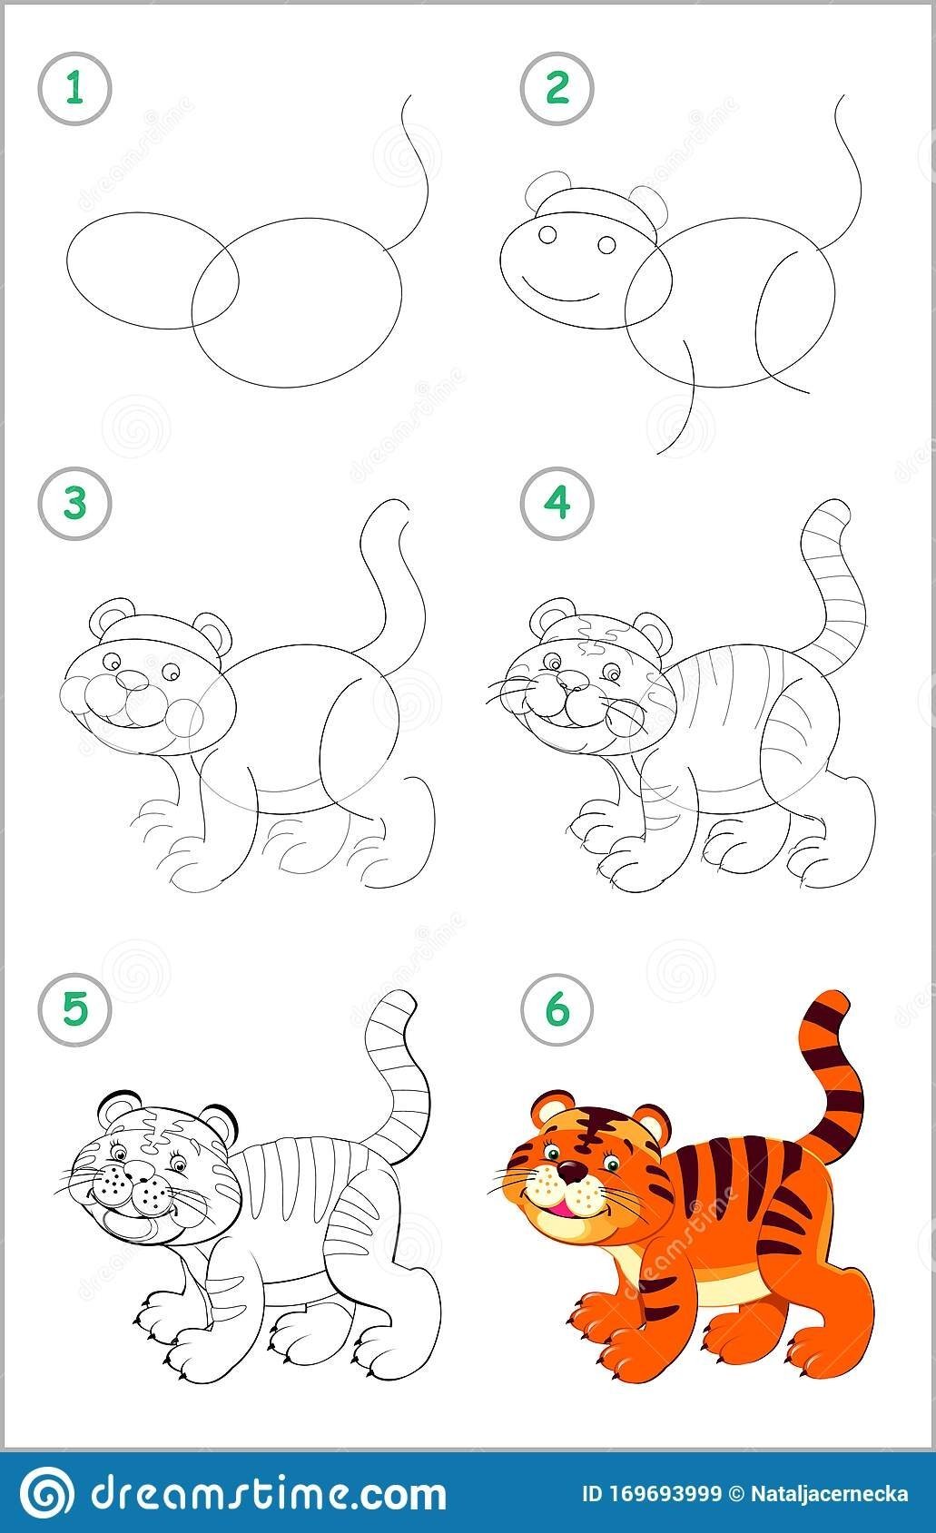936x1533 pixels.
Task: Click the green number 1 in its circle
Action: click(74, 89)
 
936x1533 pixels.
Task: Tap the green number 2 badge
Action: click(557, 89)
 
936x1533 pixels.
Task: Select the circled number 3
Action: click(74, 503)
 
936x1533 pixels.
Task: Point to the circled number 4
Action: click(557, 503)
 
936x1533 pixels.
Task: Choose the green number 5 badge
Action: click(74, 1008)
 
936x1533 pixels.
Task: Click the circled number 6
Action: click(557, 1008)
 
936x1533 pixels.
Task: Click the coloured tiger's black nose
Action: click(572, 1173)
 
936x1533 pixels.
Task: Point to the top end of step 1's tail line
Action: click(410, 96)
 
